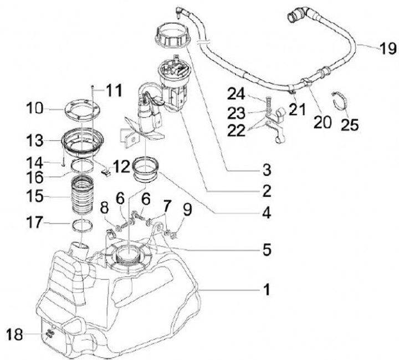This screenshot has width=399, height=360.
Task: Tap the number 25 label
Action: [350, 125]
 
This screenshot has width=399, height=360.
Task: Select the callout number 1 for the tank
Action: [267, 289]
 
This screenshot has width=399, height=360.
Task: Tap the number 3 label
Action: [267, 169]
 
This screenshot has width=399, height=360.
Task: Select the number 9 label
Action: [188, 210]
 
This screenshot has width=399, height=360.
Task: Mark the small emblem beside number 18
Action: [50, 333]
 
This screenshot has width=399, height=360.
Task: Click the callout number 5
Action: [267, 250]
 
